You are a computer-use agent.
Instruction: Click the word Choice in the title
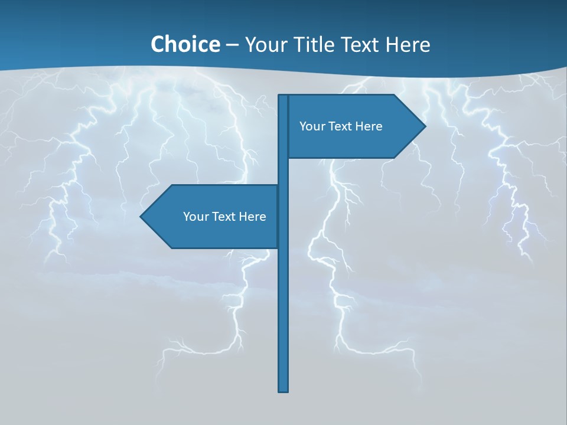pos(185,44)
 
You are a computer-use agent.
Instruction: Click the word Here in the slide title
pos(408,44)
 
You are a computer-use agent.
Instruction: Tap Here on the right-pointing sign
pos(369,126)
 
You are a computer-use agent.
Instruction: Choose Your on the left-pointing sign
pos(195,217)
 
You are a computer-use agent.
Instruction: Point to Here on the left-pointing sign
pos(253,217)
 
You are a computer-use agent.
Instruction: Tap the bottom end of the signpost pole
pos(283,390)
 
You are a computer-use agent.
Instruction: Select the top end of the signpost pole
pos(283,96)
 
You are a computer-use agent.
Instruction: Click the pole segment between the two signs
pos(283,171)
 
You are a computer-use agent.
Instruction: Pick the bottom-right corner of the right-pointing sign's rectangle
pos(394,157)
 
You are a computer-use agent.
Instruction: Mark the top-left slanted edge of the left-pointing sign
pos(156,201)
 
